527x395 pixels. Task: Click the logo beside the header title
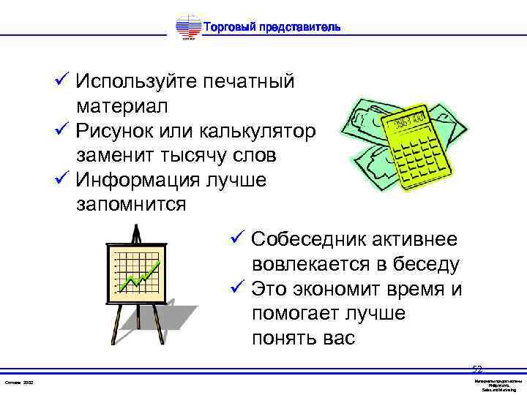point(189,29)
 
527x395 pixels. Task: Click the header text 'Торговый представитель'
point(271,28)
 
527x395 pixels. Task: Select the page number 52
point(477,369)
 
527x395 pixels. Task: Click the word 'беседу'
point(427,265)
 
